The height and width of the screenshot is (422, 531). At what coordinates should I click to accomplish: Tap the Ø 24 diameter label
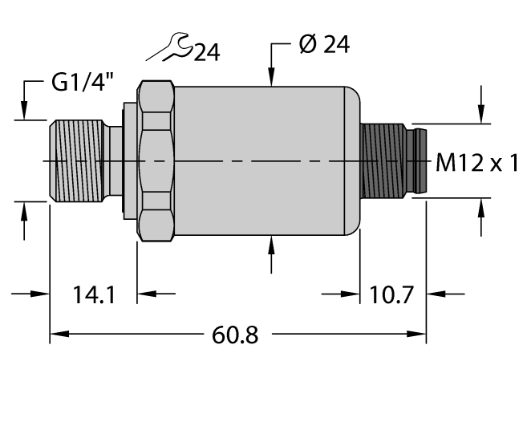pos(323,46)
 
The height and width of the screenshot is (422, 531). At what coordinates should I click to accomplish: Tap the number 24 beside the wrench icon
pos(205,53)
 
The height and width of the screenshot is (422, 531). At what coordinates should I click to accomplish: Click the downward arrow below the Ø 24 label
pos(272,76)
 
